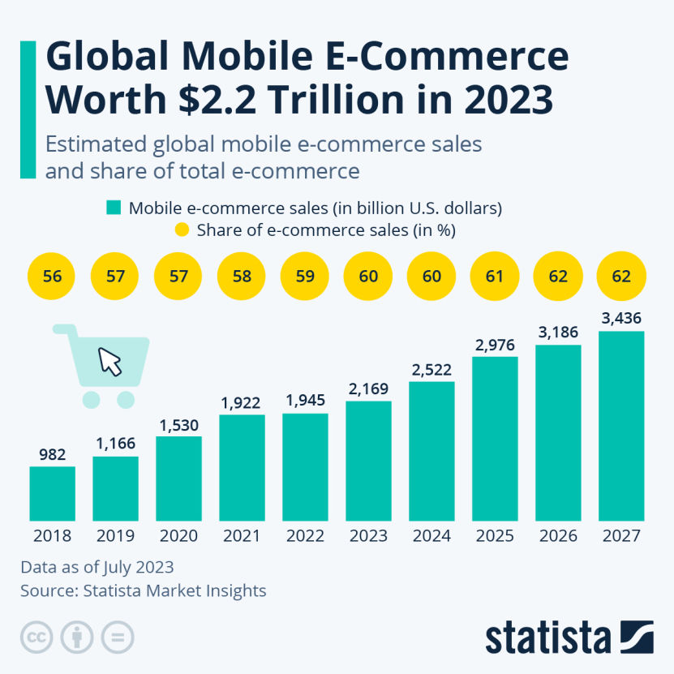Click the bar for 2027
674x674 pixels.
point(621,426)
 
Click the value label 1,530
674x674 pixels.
point(178,425)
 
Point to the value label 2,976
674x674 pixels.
point(495,345)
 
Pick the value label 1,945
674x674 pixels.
point(305,401)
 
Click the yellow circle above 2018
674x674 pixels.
point(52,276)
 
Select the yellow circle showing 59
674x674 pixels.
point(305,276)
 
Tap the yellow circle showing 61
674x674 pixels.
point(495,276)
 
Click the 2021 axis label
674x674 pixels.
point(242,536)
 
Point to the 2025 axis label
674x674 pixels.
point(495,536)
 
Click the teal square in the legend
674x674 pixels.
point(113,208)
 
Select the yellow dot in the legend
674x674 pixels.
point(182,230)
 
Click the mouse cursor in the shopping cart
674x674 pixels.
point(109,361)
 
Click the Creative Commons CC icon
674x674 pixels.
point(36,637)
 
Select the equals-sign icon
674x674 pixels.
point(118,637)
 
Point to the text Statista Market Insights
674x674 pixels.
point(174,590)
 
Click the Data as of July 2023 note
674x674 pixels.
point(97,567)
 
